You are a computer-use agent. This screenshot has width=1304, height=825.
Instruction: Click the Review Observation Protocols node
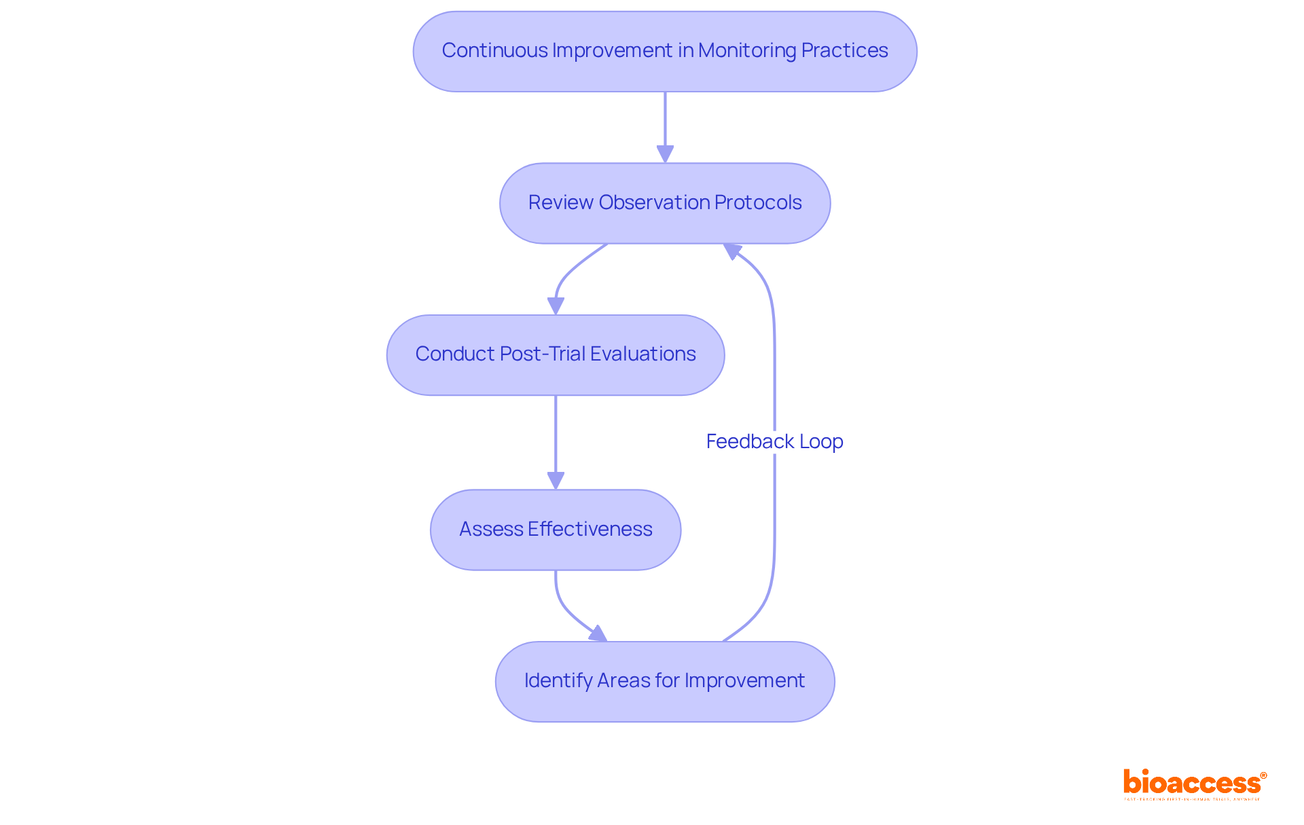coord(664,203)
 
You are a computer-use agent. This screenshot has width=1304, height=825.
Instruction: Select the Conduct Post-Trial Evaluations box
coord(555,354)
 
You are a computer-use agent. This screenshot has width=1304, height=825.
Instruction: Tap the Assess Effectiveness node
coord(555,530)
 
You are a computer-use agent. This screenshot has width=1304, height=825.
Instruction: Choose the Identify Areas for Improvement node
coord(664,681)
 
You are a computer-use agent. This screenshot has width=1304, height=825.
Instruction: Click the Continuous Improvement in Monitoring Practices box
coord(664,51)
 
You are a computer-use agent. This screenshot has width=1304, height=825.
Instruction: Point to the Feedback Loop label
coord(774,441)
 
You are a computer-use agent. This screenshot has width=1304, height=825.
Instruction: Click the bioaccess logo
coord(1194,783)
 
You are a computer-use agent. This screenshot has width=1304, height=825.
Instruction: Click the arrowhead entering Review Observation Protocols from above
coord(665,154)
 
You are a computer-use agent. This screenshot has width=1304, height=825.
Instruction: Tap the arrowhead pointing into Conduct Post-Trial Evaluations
coord(556,306)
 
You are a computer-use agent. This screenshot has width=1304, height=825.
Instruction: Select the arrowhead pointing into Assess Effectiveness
coord(556,481)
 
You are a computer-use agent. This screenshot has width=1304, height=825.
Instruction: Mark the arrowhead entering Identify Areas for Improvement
coord(598,634)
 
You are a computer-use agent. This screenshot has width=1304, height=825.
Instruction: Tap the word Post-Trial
coord(542,354)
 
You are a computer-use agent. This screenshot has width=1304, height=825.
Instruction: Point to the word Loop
coord(821,441)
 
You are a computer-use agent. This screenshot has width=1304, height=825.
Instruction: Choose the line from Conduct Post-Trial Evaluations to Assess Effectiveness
coord(556,435)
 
